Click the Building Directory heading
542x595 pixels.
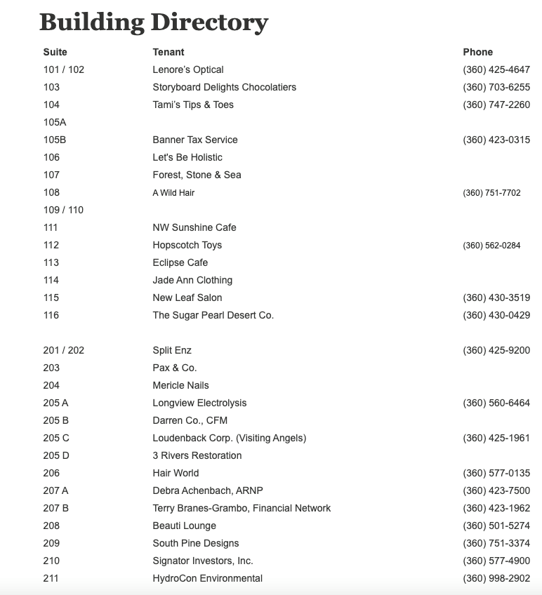153,22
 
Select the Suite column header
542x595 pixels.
55,52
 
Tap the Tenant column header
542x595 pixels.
168,52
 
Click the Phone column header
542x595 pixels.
477,52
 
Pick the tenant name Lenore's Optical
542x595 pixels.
188,69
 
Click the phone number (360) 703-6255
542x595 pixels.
496,87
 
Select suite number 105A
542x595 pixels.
55,122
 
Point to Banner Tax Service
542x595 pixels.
195,140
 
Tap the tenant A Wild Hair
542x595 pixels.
173,192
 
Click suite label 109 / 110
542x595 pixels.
63,210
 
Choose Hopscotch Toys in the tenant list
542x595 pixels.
187,245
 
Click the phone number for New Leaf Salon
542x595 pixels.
496,297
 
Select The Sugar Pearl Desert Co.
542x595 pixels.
213,315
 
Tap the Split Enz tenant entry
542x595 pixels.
172,350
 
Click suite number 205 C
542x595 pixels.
56,438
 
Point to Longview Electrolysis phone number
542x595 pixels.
496,403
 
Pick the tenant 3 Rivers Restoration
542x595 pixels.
197,455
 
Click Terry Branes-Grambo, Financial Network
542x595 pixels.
242,508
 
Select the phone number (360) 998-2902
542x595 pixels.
496,578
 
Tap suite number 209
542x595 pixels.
51,543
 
